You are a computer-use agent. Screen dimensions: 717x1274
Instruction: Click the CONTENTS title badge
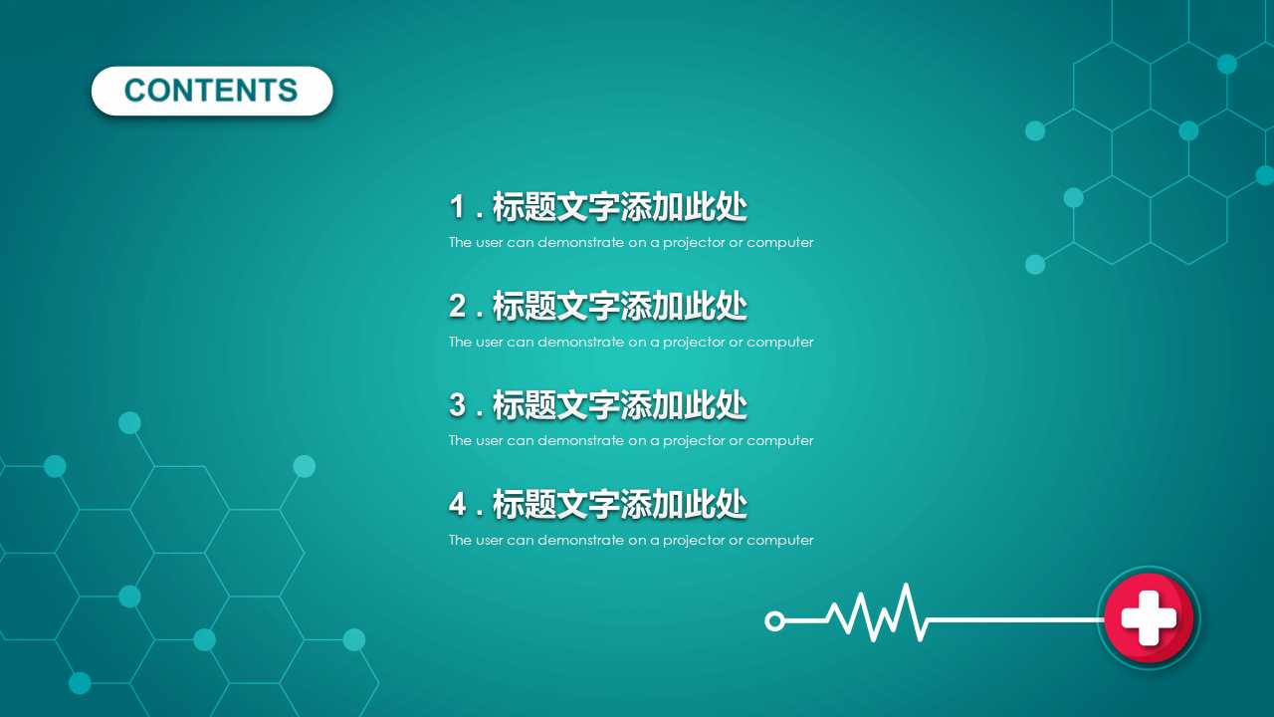211,91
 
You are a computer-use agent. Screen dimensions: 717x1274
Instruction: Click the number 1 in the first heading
458,207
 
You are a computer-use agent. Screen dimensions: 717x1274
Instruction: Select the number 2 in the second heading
458,307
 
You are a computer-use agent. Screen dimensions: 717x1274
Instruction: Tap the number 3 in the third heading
458,405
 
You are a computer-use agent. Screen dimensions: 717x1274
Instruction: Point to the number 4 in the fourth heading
458,505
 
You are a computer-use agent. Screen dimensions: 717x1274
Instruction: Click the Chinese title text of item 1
619,207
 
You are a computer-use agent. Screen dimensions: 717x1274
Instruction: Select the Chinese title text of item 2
619,307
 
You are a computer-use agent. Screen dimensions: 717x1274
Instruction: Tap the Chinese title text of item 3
619,405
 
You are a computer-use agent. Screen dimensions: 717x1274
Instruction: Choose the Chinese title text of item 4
619,505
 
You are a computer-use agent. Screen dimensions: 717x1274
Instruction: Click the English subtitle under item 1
630,242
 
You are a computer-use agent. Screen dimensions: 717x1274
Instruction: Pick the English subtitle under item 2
630,342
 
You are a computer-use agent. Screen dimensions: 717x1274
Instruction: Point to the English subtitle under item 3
630,440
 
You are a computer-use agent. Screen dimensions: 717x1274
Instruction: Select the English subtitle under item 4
630,540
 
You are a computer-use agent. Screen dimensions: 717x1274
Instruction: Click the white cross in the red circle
1149,617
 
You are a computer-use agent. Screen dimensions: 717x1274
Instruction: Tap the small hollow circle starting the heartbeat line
774,621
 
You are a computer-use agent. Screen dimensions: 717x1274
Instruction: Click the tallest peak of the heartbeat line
906,589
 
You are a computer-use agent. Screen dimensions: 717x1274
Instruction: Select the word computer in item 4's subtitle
780,540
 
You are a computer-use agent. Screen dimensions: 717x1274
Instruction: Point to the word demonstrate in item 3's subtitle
580,440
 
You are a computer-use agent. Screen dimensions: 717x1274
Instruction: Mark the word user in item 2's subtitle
489,342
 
